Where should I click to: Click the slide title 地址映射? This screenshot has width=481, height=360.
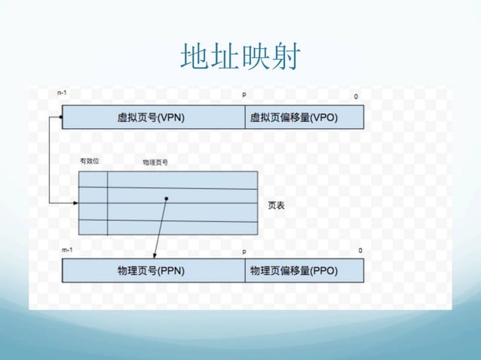240,56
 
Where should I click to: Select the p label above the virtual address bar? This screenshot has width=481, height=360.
243,96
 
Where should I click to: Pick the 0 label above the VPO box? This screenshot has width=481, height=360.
357,96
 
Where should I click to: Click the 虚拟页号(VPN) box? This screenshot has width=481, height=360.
153,117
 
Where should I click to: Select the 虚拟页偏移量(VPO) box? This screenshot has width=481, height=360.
304,117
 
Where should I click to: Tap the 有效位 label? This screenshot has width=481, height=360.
89,160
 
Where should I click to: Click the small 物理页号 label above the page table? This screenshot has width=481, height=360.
155,162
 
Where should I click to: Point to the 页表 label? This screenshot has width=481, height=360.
277,205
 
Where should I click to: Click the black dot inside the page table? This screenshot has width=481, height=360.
166,199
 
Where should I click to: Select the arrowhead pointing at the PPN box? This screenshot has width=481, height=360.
154,255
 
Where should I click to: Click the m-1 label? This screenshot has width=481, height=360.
66,249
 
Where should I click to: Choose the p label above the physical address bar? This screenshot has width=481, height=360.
244,252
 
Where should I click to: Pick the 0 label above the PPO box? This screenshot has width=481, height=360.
360,250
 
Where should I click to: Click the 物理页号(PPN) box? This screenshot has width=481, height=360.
152,270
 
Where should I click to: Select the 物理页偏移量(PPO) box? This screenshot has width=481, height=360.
304,270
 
